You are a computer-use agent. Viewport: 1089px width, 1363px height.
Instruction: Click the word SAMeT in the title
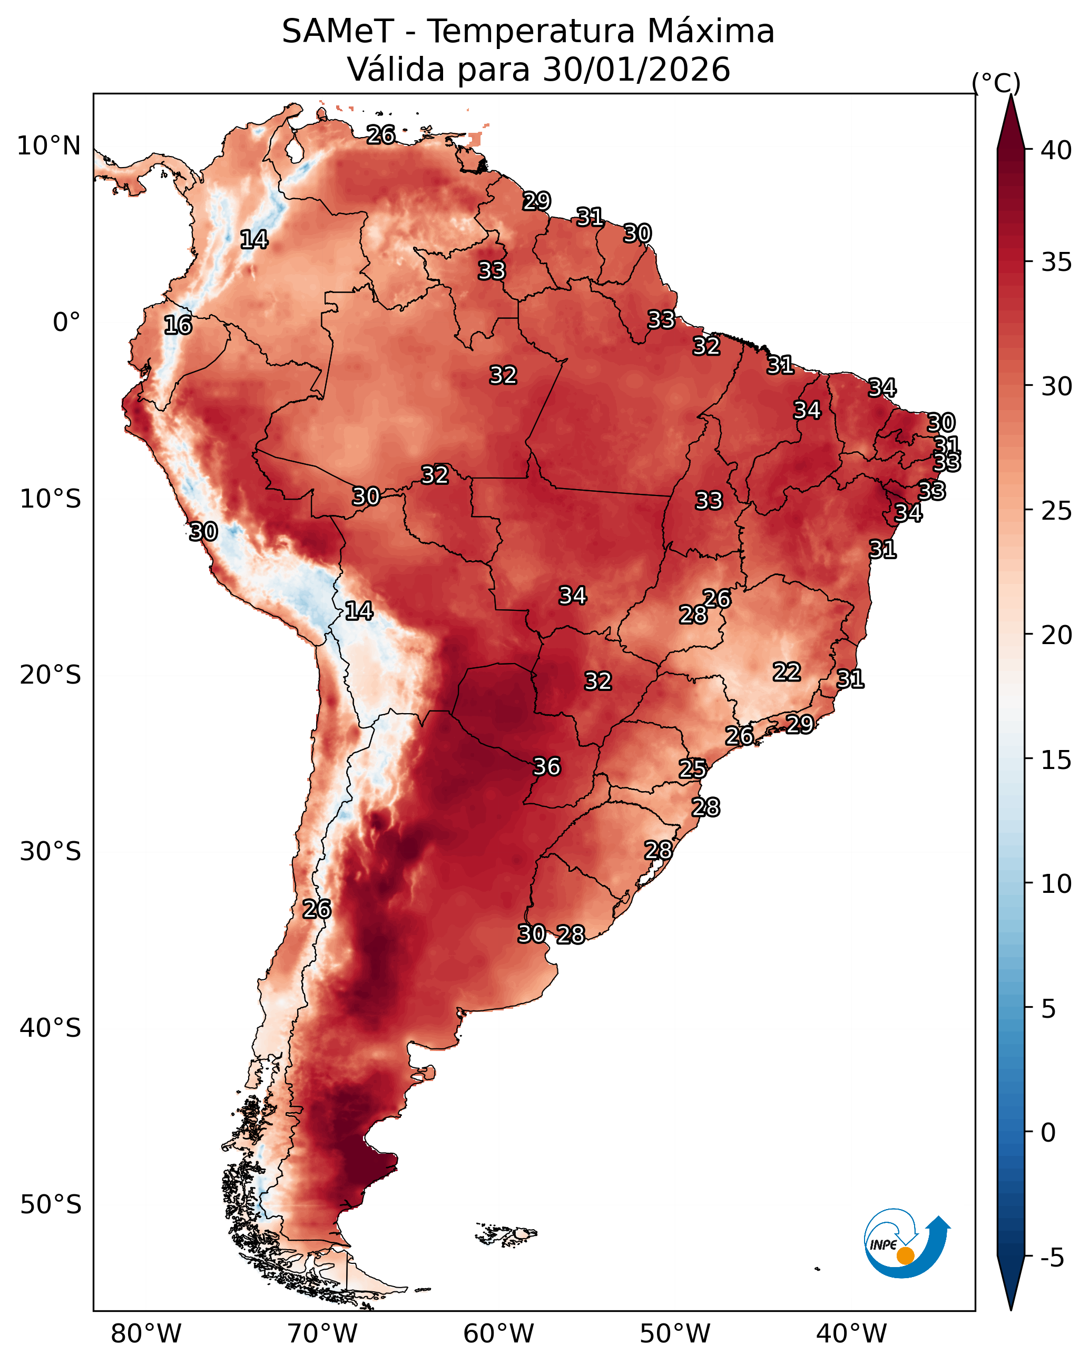point(338,32)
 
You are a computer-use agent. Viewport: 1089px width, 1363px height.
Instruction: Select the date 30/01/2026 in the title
point(636,70)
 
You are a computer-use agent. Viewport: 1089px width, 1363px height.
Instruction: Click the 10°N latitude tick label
point(48,146)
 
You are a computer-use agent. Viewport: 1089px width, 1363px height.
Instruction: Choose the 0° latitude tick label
point(66,323)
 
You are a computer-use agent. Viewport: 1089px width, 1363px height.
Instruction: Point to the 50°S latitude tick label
point(51,1204)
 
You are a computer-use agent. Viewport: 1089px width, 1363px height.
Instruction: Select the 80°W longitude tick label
point(146,1333)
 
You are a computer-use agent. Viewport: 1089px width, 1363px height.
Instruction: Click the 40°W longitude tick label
point(851,1333)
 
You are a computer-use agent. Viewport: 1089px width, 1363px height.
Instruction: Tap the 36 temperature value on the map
point(547,767)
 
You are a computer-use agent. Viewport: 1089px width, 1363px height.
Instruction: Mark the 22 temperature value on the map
point(787,671)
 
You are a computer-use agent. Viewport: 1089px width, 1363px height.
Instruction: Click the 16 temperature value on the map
point(178,326)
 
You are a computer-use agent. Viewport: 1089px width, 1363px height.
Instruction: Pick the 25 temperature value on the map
point(693,769)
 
